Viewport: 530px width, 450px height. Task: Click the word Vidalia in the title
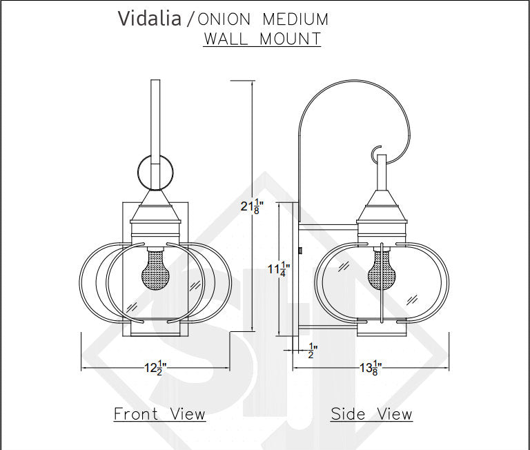point(150,18)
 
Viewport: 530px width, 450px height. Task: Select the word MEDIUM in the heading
point(295,19)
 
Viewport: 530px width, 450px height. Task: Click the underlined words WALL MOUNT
point(262,39)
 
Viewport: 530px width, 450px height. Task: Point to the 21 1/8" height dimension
point(252,206)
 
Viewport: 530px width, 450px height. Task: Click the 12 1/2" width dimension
point(156,368)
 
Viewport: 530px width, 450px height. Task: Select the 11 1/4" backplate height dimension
point(279,269)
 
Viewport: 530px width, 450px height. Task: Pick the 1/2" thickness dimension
point(312,351)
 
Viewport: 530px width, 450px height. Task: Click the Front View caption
point(159,414)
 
